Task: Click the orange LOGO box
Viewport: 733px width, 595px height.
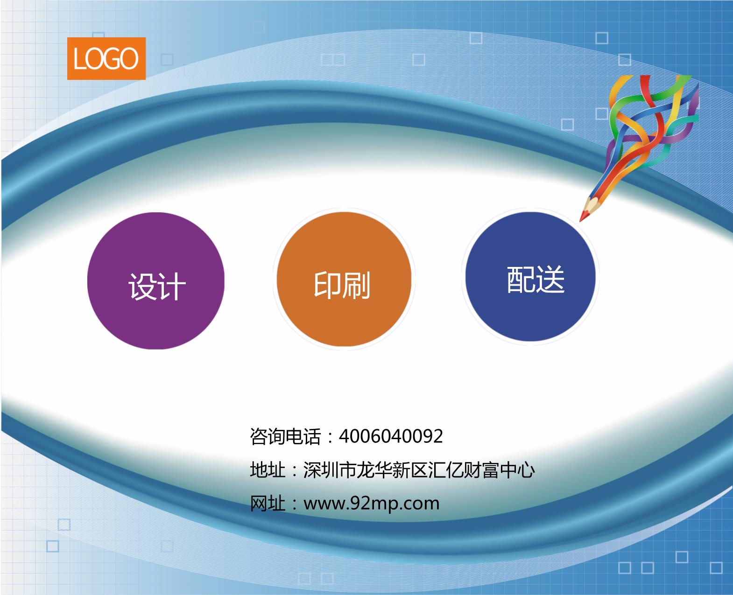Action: coord(106,58)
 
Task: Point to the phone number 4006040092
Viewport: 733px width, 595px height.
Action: coord(390,436)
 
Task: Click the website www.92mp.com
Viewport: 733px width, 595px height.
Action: coord(371,504)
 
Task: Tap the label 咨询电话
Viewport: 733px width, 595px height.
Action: coord(285,437)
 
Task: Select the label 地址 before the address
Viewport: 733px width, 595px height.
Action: coord(268,470)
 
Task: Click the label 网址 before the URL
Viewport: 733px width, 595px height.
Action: coord(268,504)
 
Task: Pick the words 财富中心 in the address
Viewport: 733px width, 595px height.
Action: coord(499,470)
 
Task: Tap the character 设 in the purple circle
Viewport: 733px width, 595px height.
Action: coord(142,286)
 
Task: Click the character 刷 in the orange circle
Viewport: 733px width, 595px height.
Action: coord(356,285)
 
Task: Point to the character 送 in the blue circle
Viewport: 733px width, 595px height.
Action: coord(550,280)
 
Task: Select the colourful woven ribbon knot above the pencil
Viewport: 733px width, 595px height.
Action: coord(654,117)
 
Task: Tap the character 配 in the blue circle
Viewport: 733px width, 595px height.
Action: coord(521,280)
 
